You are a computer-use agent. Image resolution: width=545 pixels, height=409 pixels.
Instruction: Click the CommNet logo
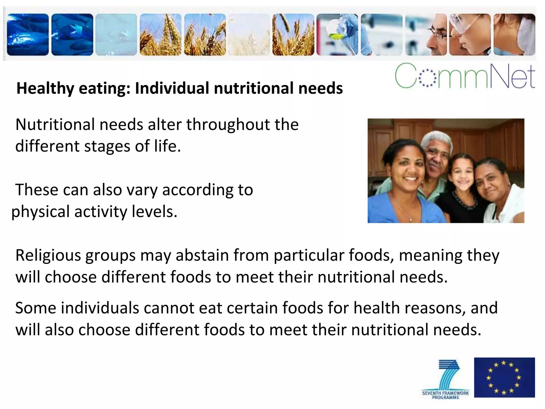tap(465, 76)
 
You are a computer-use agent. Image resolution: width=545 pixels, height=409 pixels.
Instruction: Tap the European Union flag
tap(504, 377)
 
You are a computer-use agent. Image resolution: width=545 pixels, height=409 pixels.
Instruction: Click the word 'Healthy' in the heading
tap(45, 88)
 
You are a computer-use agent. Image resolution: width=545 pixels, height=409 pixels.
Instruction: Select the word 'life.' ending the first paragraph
tap(168, 146)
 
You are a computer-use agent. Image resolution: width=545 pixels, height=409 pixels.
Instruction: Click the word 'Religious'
tap(48, 256)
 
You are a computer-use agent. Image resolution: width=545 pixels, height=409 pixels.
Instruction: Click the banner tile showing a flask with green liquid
tap(337, 35)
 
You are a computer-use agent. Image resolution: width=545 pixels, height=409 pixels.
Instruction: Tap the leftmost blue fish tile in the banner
tap(28, 35)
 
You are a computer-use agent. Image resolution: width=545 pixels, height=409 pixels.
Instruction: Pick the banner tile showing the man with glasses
tap(426, 35)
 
